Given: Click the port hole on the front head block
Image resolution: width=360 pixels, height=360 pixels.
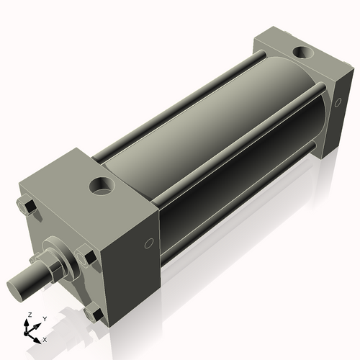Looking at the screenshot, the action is pyautogui.click(x=102, y=186).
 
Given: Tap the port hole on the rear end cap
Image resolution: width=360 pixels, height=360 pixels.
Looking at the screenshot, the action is pyautogui.click(x=302, y=52).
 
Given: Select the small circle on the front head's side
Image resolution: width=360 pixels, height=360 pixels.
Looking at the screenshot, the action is pyautogui.click(x=149, y=243).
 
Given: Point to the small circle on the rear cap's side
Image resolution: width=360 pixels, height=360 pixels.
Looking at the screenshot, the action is pyautogui.click(x=338, y=102).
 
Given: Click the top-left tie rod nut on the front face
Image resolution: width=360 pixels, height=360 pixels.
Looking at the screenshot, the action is pyautogui.click(x=27, y=207).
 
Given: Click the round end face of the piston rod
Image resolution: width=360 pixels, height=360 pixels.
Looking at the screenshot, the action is pyautogui.click(x=14, y=291).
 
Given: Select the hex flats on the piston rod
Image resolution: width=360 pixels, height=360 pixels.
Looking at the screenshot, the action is pyautogui.click(x=53, y=269).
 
